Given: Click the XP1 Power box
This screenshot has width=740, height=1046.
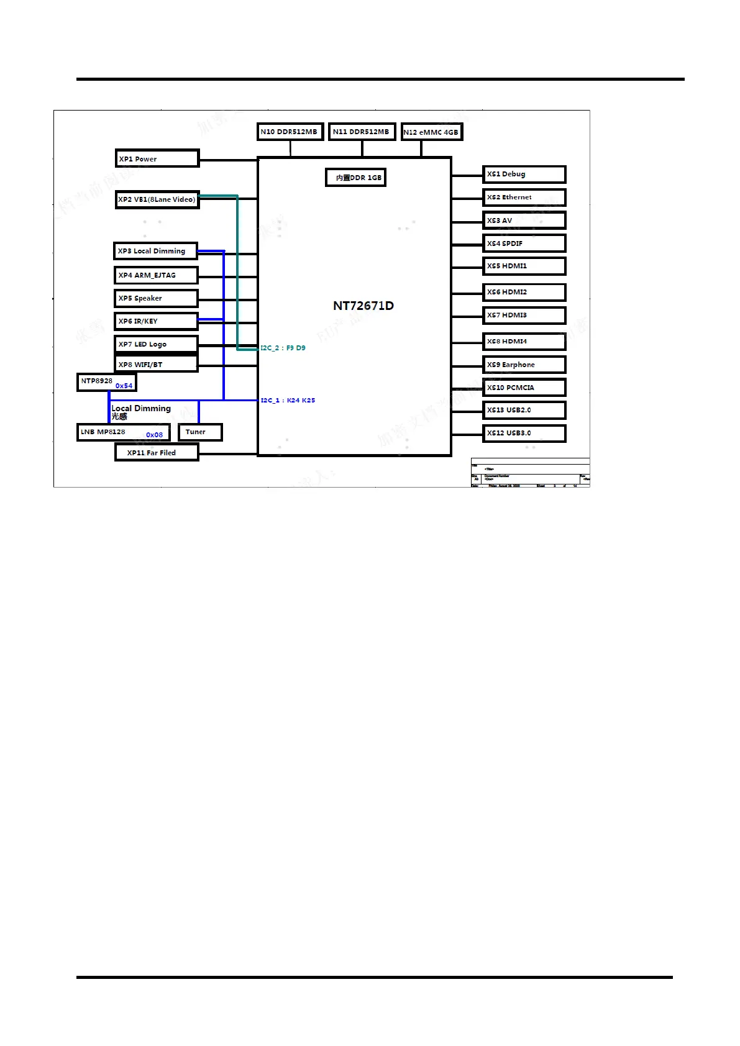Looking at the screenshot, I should (x=157, y=158).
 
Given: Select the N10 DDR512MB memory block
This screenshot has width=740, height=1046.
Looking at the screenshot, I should (x=290, y=132).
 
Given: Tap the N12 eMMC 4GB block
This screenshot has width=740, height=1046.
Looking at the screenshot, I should (x=431, y=132).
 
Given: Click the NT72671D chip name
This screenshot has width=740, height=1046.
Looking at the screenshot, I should (x=363, y=306).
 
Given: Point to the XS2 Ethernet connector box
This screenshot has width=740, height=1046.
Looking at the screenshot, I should (x=524, y=198).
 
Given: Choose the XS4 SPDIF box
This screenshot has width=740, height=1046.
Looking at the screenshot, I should (x=524, y=243).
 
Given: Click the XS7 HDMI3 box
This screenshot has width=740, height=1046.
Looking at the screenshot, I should (x=524, y=316).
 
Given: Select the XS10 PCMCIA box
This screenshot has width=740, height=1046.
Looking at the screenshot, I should (x=524, y=388).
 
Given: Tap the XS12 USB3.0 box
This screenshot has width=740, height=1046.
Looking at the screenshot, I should (x=524, y=433).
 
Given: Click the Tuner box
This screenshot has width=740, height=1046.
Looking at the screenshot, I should (x=199, y=432).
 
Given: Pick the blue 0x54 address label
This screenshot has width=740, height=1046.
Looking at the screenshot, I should (x=124, y=386).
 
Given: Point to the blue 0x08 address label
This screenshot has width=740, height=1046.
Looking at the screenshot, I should (x=154, y=435).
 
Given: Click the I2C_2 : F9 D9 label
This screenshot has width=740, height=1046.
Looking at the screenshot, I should (x=283, y=348).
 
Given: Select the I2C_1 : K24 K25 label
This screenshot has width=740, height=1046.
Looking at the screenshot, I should (x=288, y=401).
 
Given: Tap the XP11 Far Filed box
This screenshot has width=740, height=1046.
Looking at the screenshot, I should (x=157, y=453).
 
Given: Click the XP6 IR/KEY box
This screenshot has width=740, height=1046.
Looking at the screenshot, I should (x=156, y=321).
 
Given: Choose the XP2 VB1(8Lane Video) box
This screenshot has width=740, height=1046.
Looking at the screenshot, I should (x=157, y=199).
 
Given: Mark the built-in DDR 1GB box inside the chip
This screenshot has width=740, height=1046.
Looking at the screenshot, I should (x=355, y=178).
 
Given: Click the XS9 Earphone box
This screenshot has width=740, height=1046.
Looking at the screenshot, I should (x=524, y=365).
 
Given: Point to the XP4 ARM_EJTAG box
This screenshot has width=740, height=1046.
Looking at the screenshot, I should (x=156, y=275).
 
